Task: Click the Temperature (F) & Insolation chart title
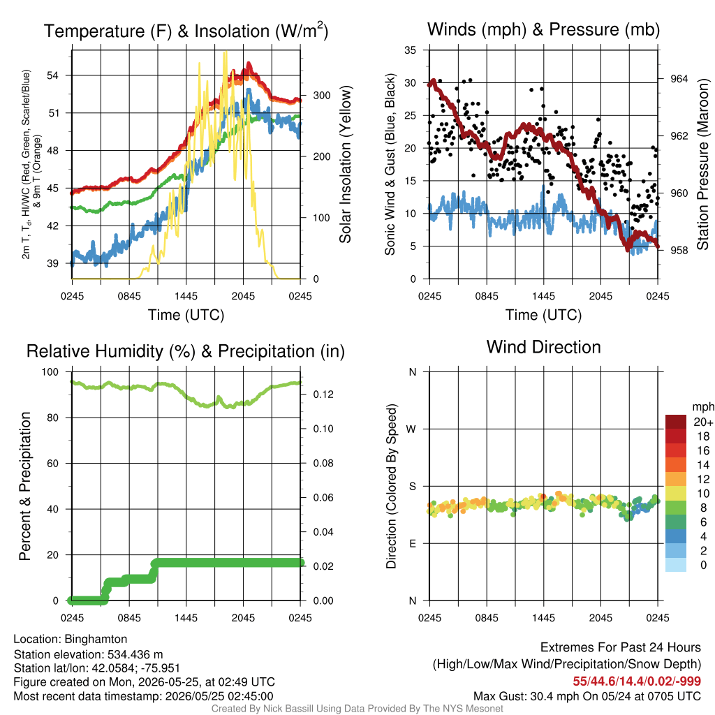click(186, 31)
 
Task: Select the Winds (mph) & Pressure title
click(543, 29)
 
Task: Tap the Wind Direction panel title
click(543, 347)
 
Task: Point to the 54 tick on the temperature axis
click(53, 75)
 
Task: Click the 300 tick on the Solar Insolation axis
click(322, 95)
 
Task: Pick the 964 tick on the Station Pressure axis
click(679, 79)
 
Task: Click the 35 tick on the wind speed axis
click(411, 50)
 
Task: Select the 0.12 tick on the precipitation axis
click(323, 395)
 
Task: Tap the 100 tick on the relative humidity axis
click(50, 372)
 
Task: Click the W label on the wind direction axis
click(411, 429)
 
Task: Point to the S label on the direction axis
click(412, 487)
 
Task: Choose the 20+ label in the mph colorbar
click(703, 422)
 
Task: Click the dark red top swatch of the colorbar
click(676, 422)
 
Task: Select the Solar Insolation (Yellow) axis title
click(345, 164)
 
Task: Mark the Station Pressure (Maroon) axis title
click(702, 164)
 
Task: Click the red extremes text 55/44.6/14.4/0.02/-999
click(637, 681)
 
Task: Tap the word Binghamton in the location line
click(96, 639)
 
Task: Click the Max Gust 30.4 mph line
click(587, 696)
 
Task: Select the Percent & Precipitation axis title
click(25, 486)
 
